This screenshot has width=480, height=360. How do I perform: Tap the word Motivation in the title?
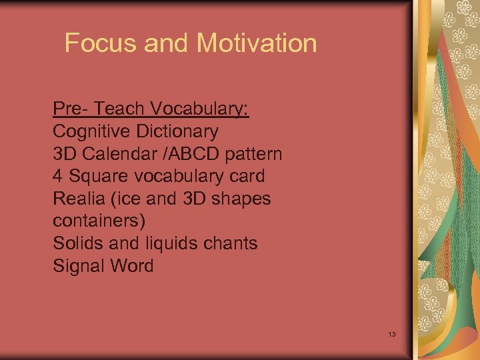point(257,43)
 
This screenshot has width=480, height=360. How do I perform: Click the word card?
point(247,176)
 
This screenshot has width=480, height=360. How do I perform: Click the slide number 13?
point(391,333)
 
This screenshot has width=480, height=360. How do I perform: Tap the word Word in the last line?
point(131,266)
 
